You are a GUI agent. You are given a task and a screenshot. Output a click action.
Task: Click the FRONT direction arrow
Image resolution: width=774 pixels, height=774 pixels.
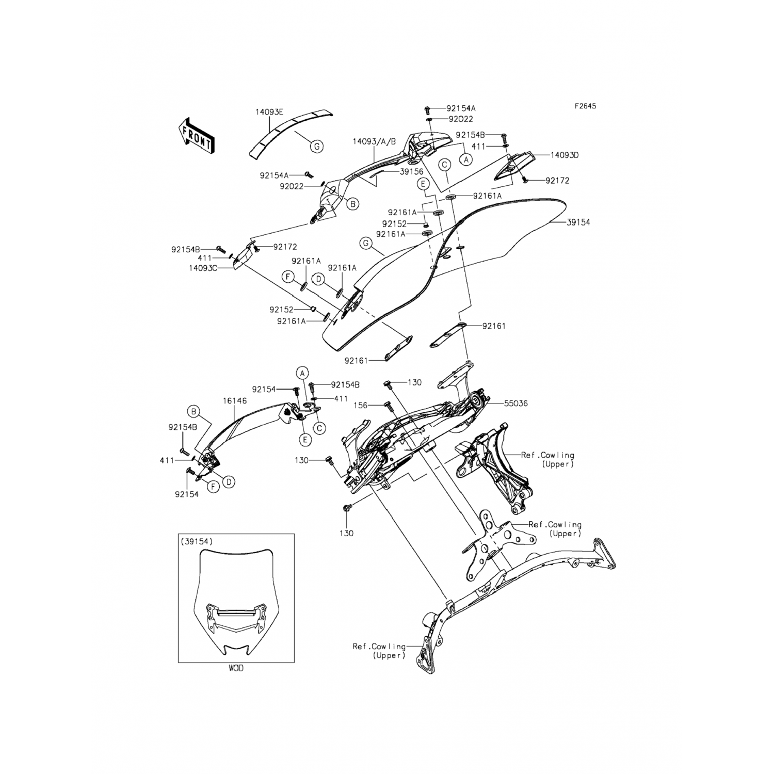click(x=196, y=135)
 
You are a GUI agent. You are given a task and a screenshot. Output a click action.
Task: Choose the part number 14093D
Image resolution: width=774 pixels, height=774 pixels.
click(x=564, y=155)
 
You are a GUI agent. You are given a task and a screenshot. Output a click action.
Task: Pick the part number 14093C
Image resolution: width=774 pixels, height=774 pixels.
click(x=203, y=268)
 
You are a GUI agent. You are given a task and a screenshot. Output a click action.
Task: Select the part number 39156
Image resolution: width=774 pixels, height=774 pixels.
click(x=411, y=172)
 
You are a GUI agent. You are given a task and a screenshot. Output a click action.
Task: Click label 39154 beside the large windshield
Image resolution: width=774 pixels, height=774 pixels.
click(x=578, y=222)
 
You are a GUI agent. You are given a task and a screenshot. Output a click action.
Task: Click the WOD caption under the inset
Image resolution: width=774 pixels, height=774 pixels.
click(x=236, y=668)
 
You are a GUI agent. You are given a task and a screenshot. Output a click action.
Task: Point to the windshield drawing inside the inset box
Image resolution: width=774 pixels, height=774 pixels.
click(x=236, y=604)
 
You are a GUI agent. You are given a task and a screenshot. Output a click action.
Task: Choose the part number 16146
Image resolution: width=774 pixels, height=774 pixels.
click(x=235, y=400)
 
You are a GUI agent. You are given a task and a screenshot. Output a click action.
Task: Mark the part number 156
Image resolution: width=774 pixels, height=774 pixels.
click(x=361, y=405)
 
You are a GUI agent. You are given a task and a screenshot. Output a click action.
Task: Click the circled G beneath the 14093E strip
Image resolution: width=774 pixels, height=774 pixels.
click(x=317, y=147)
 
